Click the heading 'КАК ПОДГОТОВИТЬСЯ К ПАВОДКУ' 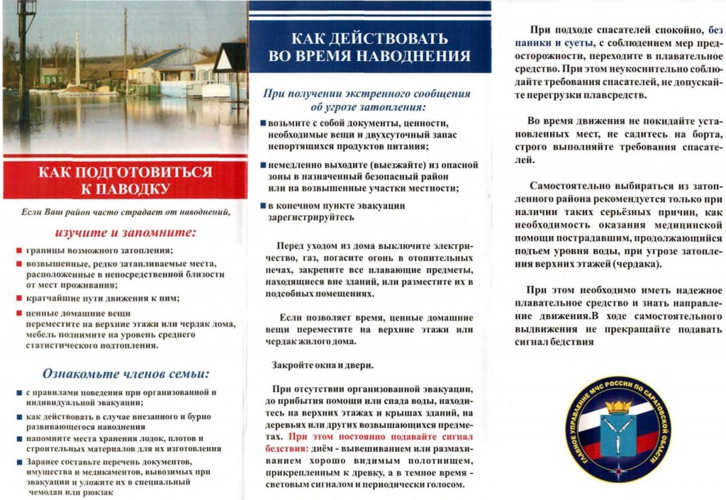point(125,180)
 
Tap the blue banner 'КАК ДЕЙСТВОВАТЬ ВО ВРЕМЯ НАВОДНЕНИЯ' point(370,47)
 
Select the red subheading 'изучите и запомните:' point(125,233)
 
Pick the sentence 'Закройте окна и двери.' point(323,365)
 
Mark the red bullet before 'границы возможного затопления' point(19,251)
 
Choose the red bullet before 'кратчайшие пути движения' point(19,298)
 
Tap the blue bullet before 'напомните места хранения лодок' point(19,438)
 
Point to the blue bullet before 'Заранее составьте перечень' point(19,461)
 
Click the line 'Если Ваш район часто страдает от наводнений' point(125,212)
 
